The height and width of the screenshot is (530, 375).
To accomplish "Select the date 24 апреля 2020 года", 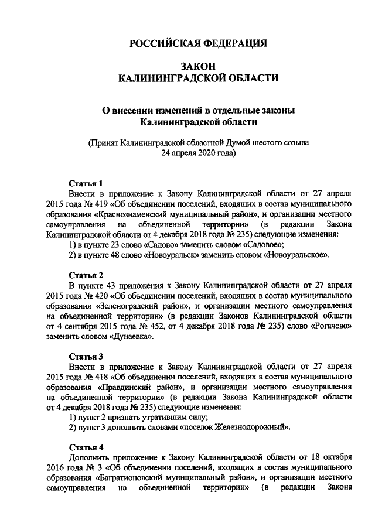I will (x=198, y=153).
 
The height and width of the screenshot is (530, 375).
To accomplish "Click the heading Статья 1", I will (x=86, y=182).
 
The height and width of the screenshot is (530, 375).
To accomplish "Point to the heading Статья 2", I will (x=86, y=275).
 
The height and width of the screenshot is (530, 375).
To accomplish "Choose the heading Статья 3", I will (x=86, y=356).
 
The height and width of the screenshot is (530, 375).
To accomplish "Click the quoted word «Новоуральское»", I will (x=297, y=255).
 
